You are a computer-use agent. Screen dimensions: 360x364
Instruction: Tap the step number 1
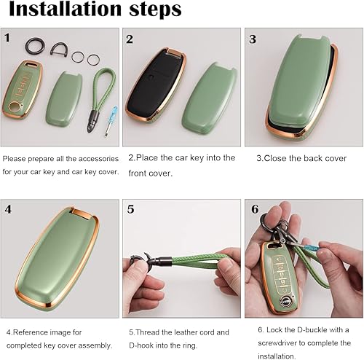[7, 37]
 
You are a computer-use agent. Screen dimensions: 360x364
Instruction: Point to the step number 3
[252, 39]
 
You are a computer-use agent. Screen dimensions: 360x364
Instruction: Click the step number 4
[8, 209]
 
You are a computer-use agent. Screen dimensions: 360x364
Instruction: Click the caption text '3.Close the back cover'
[301, 157]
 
